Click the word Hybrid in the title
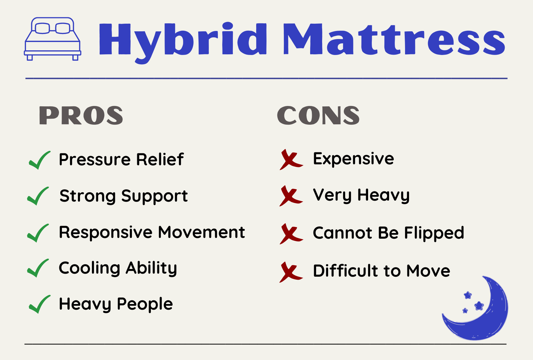point(183,42)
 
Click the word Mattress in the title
point(394,39)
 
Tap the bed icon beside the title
point(53,39)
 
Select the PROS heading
point(81,115)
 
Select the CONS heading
point(318,115)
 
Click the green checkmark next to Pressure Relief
point(39,160)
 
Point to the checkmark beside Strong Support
point(38,196)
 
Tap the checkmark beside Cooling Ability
point(38,268)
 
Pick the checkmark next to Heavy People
point(39,304)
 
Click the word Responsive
point(105,233)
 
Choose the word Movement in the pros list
point(202,232)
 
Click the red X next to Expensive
point(291,160)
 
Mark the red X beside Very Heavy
point(291,196)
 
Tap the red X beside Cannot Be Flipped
point(291,234)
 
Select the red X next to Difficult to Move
point(291,272)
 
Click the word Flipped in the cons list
point(434,233)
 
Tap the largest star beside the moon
point(479,306)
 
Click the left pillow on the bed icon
point(42,28)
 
